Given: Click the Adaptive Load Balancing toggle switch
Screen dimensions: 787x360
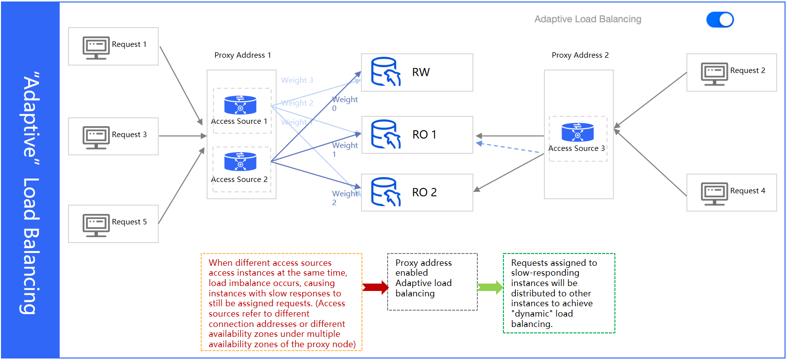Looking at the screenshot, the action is coord(720,20).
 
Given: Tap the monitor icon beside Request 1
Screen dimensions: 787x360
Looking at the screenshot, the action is coord(96,48).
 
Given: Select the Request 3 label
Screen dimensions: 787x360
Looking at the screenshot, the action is coord(129,135).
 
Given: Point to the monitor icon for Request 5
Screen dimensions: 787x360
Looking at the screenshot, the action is coord(96,225).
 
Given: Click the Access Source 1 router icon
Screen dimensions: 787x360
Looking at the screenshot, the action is coord(240,105).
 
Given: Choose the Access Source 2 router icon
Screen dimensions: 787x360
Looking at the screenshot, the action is coord(240,162).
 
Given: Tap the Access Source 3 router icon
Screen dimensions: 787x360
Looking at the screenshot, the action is coord(577,132).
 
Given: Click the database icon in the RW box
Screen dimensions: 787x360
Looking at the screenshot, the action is coord(386,72).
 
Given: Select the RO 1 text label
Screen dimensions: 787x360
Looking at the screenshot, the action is coord(424,135).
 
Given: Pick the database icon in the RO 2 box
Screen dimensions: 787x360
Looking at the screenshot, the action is coord(386,192).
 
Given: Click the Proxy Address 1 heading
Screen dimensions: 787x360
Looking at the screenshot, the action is coord(243,55).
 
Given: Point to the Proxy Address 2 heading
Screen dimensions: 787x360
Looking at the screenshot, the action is coord(580,55).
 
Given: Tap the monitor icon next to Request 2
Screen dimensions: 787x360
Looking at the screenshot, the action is coord(715,74).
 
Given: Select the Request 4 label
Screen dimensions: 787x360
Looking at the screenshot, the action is coord(748,191).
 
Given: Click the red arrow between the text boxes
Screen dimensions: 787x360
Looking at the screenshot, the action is coord(376,288).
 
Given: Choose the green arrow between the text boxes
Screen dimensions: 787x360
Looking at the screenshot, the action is coord(491,288).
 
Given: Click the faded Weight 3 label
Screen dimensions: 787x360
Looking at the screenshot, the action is coord(297,80).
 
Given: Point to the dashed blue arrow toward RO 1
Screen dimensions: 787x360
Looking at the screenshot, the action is coord(508,147).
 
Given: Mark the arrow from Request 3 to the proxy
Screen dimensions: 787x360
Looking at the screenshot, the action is coord(182,136).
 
